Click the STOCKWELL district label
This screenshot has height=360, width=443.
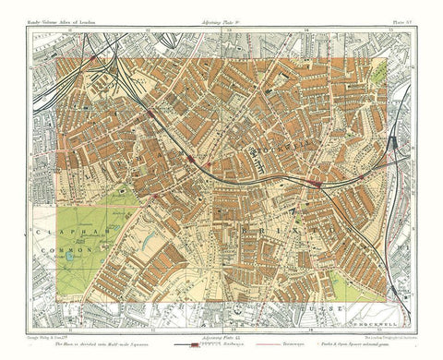point(286,146)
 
